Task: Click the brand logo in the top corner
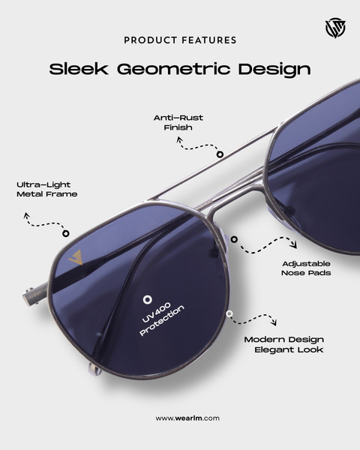pos(335,28)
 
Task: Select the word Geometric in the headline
pos(174,70)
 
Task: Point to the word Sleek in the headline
pos(79,69)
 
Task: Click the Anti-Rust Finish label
pos(178,122)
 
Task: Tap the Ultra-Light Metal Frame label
pos(46,190)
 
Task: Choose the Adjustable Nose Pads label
pos(306,268)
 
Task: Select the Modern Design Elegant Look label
pos(284,345)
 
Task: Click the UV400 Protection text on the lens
pos(162,319)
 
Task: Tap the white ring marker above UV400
pos(148,300)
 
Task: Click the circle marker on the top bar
pos(220,154)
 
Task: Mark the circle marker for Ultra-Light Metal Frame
pos(66,233)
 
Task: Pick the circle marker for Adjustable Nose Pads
pos(234,239)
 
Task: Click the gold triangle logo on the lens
pos(76,257)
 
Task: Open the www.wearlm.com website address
pos(187,418)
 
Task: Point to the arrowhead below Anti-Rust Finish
pos(180,139)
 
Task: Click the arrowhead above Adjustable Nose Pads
pos(293,244)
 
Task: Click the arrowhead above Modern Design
pos(274,322)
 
